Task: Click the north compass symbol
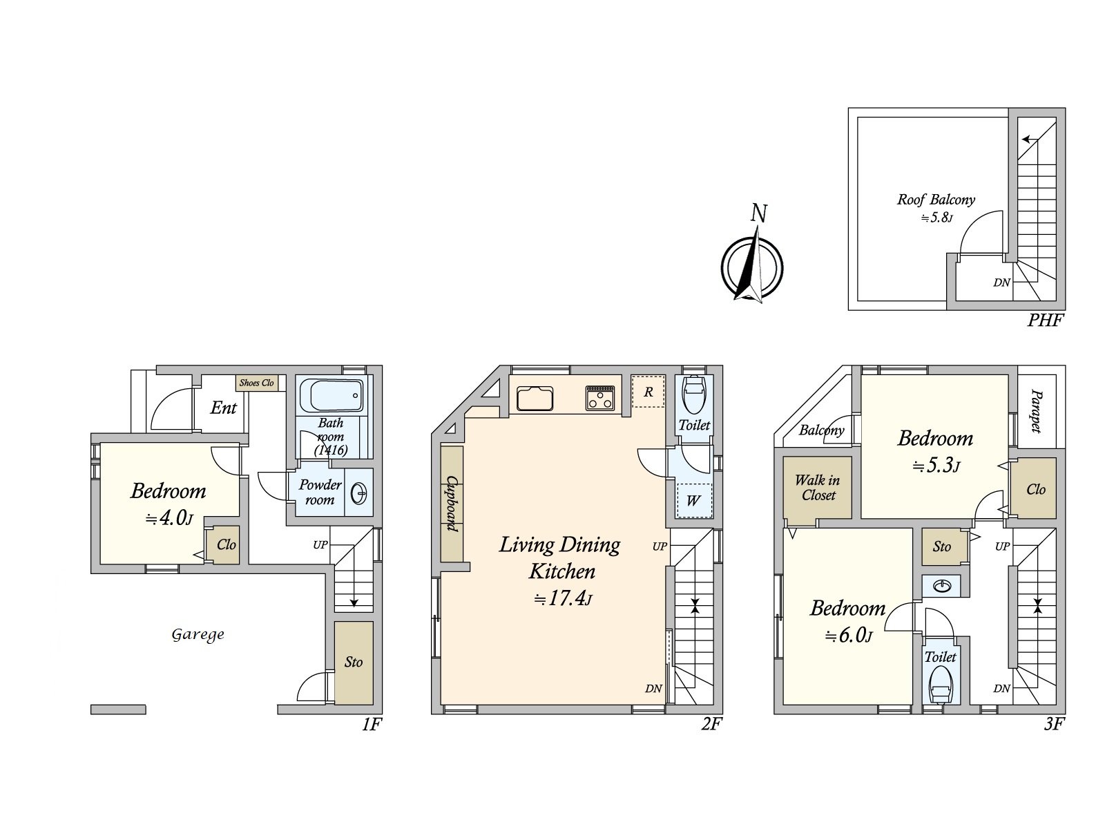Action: pyautogui.click(x=752, y=266)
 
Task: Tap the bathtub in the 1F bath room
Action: pyautogui.click(x=331, y=396)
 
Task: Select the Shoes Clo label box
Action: pyautogui.click(x=256, y=383)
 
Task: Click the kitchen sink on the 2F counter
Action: pyautogui.click(x=535, y=398)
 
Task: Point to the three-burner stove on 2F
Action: pyautogui.click(x=600, y=398)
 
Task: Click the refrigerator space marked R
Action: pyautogui.click(x=648, y=392)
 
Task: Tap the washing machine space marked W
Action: pyautogui.click(x=693, y=500)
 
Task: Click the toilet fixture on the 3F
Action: pyautogui.click(x=940, y=686)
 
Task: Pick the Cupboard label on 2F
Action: pyautogui.click(x=452, y=504)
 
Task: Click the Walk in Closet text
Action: pyautogui.click(x=818, y=488)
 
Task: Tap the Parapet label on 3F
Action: pyautogui.click(x=1036, y=411)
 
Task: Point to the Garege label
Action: pyautogui.click(x=198, y=635)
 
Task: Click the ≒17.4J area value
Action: pyautogui.click(x=563, y=599)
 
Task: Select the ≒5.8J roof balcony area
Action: pyautogui.click(x=937, y=218)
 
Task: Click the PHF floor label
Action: pyautogui.click(x=1045, y=320)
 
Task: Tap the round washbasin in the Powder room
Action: pyautogui.click(x=359, y=493)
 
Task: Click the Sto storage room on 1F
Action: pyautogui.click(x=354, y=663)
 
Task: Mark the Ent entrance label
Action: pyautogui.click(x=224, y=408)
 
